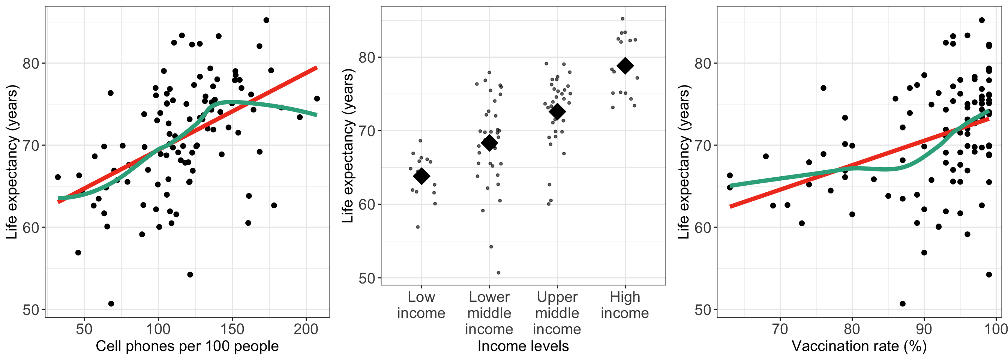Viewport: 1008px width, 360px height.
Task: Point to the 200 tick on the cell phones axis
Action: click(306, 329)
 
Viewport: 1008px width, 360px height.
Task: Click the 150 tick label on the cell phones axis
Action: click(232, 329)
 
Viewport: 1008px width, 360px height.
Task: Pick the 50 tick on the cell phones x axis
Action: click(84, 329)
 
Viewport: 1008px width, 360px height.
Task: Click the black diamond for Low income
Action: click(421, 176)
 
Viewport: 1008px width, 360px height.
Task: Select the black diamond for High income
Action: click(625, 66)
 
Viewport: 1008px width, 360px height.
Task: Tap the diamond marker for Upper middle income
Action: click(557, 111)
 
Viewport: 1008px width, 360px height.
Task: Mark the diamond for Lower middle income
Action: click(489, 143)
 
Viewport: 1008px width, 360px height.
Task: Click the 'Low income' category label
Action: click(421, 305)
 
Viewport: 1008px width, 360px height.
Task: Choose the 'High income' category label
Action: click(625, 305)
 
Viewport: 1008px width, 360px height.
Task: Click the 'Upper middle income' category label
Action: click(557, 313)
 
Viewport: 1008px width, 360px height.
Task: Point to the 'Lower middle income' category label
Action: click(489, 313)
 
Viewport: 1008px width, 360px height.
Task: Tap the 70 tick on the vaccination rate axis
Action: click(780, 329)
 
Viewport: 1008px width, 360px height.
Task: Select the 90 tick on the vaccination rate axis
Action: click(924, 329)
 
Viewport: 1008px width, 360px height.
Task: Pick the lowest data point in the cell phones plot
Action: click(111, 304)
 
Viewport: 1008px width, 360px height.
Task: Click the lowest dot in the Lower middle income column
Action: click(498, 273)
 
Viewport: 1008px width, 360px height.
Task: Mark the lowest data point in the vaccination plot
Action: click(903, 304)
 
